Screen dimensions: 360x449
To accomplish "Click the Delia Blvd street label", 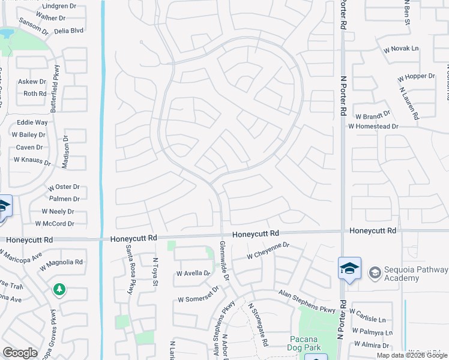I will pos(69,30).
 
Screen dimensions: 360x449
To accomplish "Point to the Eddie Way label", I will pos(32,122).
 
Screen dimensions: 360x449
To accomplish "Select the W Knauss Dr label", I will pos(32,160).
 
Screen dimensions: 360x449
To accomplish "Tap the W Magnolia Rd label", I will pos(62,262).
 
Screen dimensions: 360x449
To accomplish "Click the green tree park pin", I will pos(59,290).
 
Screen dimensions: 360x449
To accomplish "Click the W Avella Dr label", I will pos(193,274).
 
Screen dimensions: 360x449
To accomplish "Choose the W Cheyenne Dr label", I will pos(268,251).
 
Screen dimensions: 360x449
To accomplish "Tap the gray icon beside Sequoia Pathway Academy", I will pos(375,274).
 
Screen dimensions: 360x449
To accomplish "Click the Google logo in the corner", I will pos(20,353).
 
